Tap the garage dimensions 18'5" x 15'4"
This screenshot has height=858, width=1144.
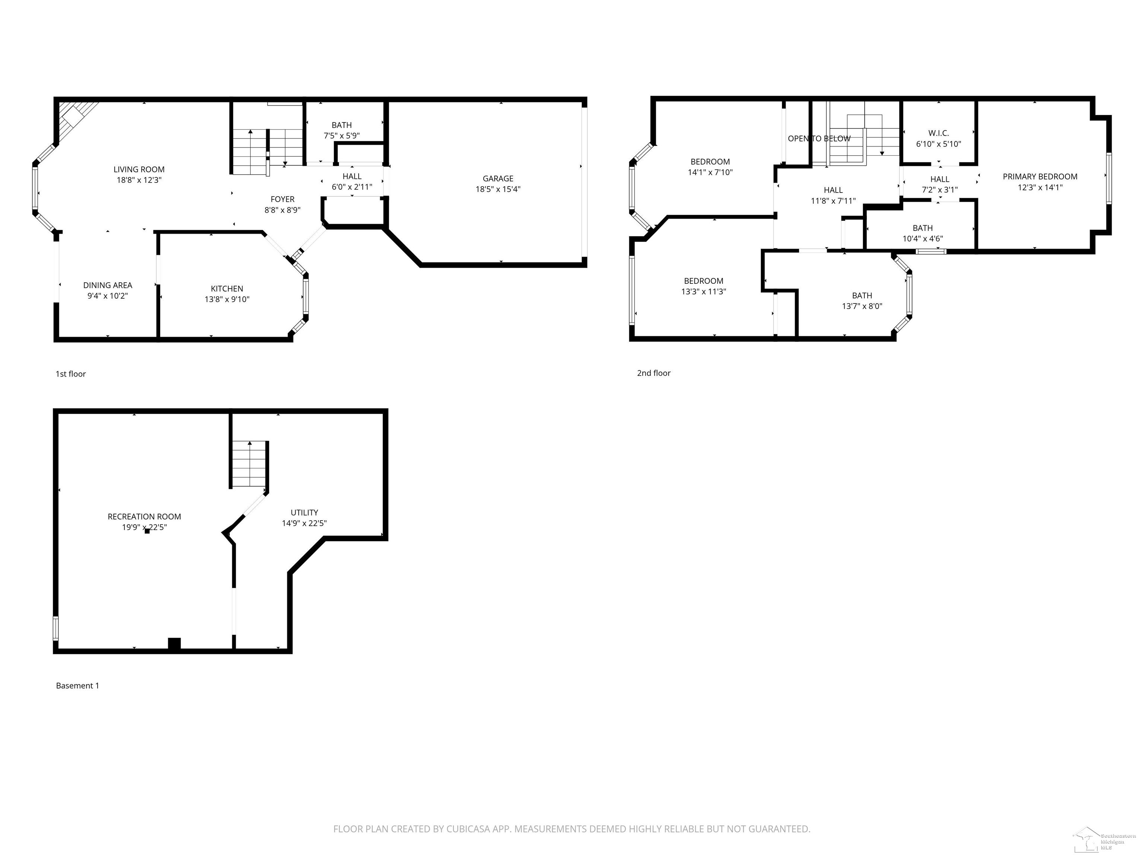tap(498, 189)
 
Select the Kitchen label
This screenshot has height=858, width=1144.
tap(227, 289)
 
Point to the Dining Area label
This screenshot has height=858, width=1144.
tap(108, 285)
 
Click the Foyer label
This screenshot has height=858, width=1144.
tap(282, 199)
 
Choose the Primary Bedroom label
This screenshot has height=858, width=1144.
tap(1040, 177)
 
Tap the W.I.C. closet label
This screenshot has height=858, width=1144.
tap(939, 133)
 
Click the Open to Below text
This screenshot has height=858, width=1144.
tap(819, 139)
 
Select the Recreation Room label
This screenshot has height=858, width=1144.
tap(144, 516)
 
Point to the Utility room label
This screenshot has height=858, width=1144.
tap(304, 512)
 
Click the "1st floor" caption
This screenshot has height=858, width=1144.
tap(71, 374)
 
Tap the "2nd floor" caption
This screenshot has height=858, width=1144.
tap(654, 373)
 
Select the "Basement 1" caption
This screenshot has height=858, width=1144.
tap(77, 686)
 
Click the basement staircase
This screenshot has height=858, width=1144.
tap(249, 464)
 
